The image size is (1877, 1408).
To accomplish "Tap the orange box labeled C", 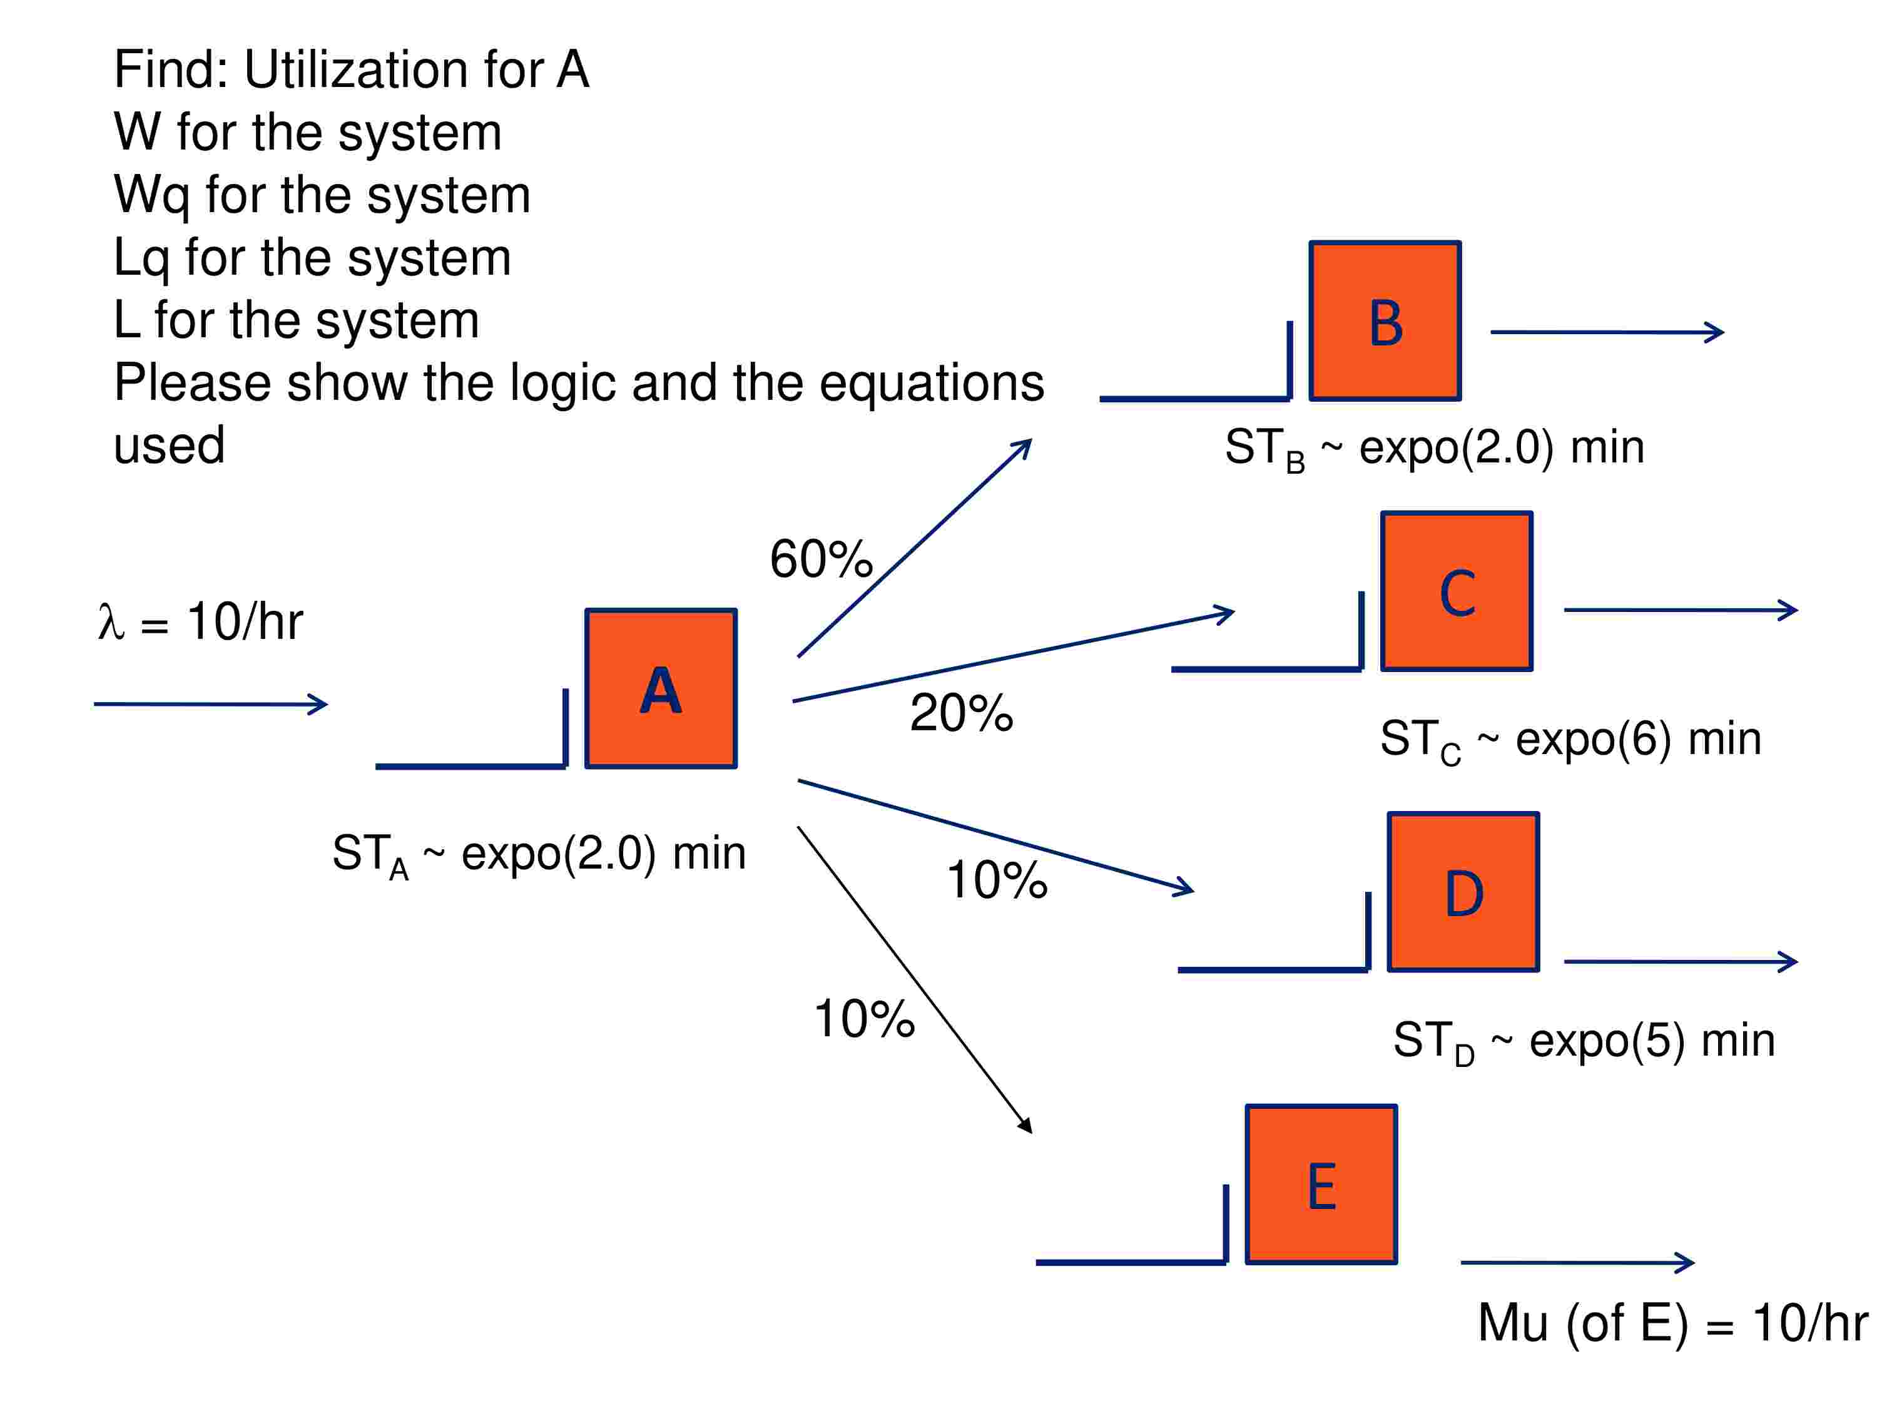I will (x=1456, y=591).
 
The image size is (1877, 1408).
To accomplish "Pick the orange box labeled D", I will (x=1463, y=891).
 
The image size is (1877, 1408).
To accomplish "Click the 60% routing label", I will (x=820, y=559).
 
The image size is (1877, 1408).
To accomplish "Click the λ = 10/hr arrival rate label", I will (x=200, y=621).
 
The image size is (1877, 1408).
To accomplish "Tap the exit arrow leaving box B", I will (x=1606, y=332).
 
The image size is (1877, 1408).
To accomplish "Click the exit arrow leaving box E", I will (x=1577, y=1262).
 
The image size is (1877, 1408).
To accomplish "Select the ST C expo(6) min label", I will (x=1570, y=739).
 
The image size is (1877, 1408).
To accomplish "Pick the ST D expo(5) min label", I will (x=1584, y=1041).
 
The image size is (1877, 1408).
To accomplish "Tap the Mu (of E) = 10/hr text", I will (x=1672, y=1322).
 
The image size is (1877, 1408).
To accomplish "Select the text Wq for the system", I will (x=322, y=195).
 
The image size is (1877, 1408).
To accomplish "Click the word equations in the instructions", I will (x=931, y=383).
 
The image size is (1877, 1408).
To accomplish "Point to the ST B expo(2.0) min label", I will (x=1434, y=447).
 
